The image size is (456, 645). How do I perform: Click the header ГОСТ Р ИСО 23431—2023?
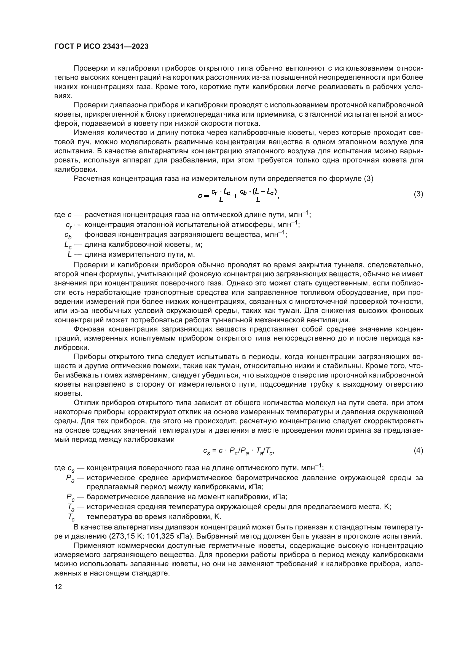(x=101, y=47)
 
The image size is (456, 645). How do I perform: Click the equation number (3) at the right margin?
(x=419, y=194)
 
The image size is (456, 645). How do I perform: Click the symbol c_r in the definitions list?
(x=68, y=225)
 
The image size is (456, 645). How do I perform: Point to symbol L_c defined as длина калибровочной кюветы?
(x=68, y=245)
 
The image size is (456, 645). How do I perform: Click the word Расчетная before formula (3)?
(x=91, y=179)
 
